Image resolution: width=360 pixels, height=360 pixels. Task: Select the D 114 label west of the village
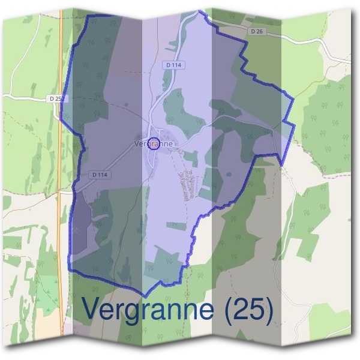100,175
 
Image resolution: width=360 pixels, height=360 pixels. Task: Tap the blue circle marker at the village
154,143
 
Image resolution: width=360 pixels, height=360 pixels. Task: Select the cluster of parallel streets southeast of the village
188,184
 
